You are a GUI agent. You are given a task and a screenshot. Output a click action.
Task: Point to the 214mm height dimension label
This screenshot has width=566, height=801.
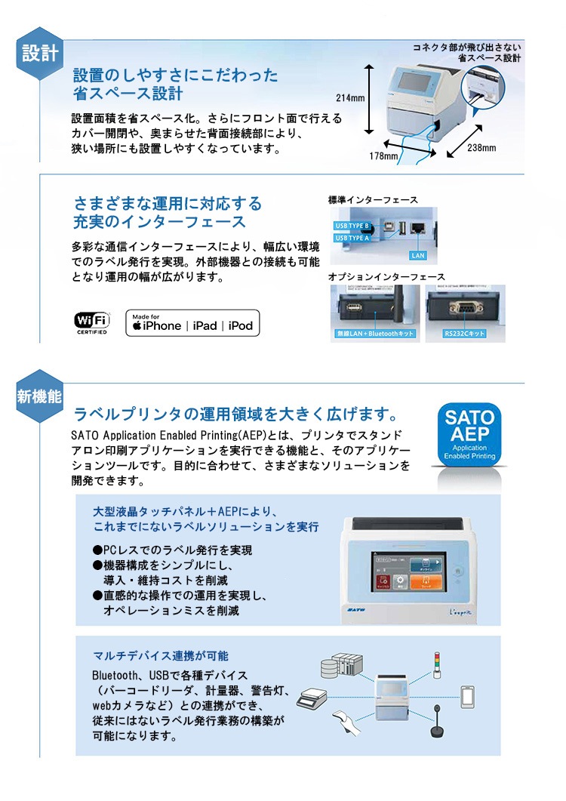350,98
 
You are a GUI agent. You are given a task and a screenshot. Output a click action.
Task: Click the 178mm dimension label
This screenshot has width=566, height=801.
383,156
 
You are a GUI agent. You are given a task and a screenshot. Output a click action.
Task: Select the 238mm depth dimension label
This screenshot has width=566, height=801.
481,147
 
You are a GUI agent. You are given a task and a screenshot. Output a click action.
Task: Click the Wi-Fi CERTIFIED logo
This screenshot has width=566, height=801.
91,322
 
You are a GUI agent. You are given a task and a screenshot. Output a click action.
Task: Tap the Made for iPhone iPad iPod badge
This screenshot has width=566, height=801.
192,322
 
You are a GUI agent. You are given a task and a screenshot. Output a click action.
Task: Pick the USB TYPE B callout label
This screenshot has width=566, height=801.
352,226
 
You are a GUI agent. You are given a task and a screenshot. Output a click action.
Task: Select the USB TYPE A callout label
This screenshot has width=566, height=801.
352,238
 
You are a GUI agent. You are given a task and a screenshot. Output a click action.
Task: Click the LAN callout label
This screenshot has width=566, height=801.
419,255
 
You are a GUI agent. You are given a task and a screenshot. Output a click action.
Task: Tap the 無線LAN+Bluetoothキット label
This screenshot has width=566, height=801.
375,333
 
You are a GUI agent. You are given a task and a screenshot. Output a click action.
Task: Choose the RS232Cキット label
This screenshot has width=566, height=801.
465,333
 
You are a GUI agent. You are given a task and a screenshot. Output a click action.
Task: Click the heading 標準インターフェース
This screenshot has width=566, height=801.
373,200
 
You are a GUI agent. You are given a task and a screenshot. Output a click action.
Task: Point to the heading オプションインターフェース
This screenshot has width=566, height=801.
386,277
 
